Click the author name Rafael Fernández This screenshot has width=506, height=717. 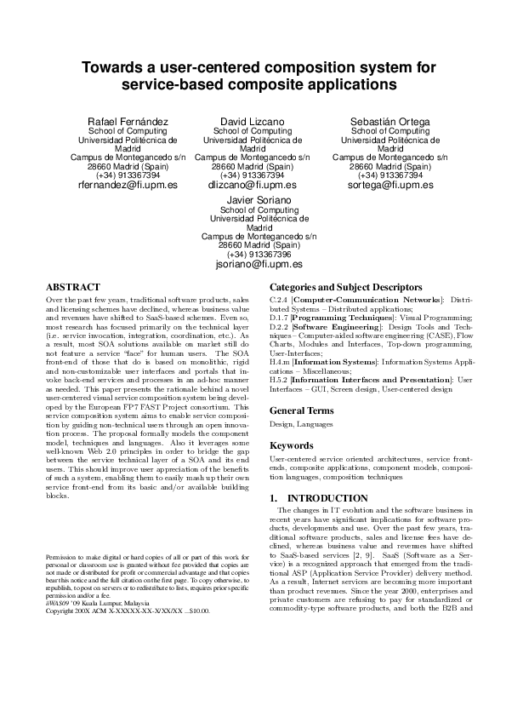[128, 122]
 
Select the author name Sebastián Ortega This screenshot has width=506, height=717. [390, 122]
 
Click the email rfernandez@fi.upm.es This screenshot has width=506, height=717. [128, 185]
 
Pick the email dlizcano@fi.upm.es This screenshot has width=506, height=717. [253, 185]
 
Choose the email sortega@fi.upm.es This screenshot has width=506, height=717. [390, 185]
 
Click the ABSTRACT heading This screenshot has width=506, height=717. [72, 288]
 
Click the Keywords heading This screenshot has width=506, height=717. [292, 445]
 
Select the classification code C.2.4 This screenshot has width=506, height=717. [278, 301]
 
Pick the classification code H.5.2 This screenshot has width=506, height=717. [279, 379]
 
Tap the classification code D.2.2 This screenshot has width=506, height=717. [279, 327]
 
